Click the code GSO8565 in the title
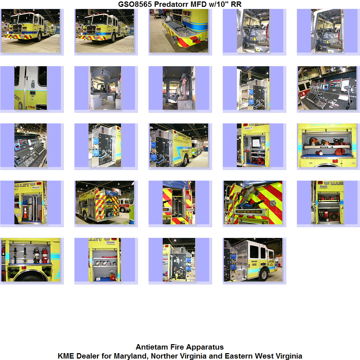coord(135,4)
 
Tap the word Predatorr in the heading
coord(171,4)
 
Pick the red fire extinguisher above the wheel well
coord(45,256)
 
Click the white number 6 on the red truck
coord(303,94)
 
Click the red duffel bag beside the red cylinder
coord(340,152)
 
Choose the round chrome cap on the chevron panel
coord(273,203)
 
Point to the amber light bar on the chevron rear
coord(252,212)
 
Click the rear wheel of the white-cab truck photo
coord(264,274)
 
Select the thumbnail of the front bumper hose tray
coord(179,31)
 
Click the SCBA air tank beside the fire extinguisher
coord(36,256)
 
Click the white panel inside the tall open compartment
coord(256,143)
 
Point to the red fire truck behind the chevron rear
coord(124,205)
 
